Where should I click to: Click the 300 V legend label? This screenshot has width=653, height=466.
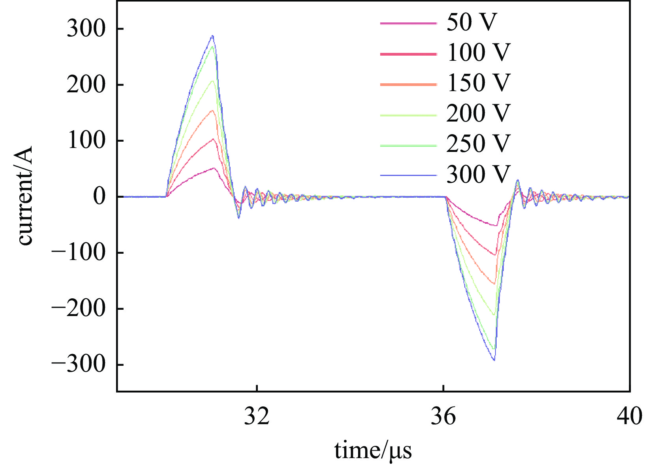click(478, 174)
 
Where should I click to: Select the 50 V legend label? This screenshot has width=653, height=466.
click(472, 22)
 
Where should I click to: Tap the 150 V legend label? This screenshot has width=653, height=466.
click(478, 83)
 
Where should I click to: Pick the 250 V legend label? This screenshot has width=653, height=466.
click(478, 144)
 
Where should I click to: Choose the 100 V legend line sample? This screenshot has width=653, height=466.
click(408, 54)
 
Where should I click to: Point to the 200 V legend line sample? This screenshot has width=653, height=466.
click(408, 115)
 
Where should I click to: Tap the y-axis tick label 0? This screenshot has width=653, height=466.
click(99, 197)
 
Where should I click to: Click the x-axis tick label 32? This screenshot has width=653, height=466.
click(257, 416)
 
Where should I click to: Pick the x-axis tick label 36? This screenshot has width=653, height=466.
click(443, 416)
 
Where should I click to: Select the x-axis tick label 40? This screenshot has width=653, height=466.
click(629, 416)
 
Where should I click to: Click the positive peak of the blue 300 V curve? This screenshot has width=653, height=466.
click(213, 36)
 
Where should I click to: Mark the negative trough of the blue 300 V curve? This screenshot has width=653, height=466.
click(494, 360)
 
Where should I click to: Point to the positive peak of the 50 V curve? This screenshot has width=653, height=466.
click(214, 168)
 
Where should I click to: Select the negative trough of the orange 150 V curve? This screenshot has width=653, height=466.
click(494, 284)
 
